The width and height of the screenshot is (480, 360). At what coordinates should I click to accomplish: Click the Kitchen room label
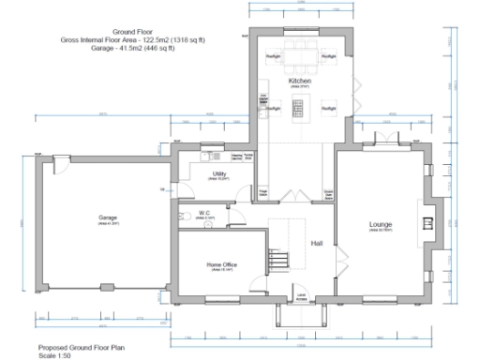tap(299, 82)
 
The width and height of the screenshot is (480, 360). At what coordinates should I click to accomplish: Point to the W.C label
tap(202, 213)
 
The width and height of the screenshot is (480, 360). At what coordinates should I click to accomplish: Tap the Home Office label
tap(221, 265)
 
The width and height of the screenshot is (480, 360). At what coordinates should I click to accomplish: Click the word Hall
tap(317, 242)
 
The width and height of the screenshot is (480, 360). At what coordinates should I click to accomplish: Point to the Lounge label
tap(381, 225)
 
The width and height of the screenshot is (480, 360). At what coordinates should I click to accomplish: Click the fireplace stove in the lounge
tap(427, 223)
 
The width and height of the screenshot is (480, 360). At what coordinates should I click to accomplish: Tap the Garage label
tap(109, 217)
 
